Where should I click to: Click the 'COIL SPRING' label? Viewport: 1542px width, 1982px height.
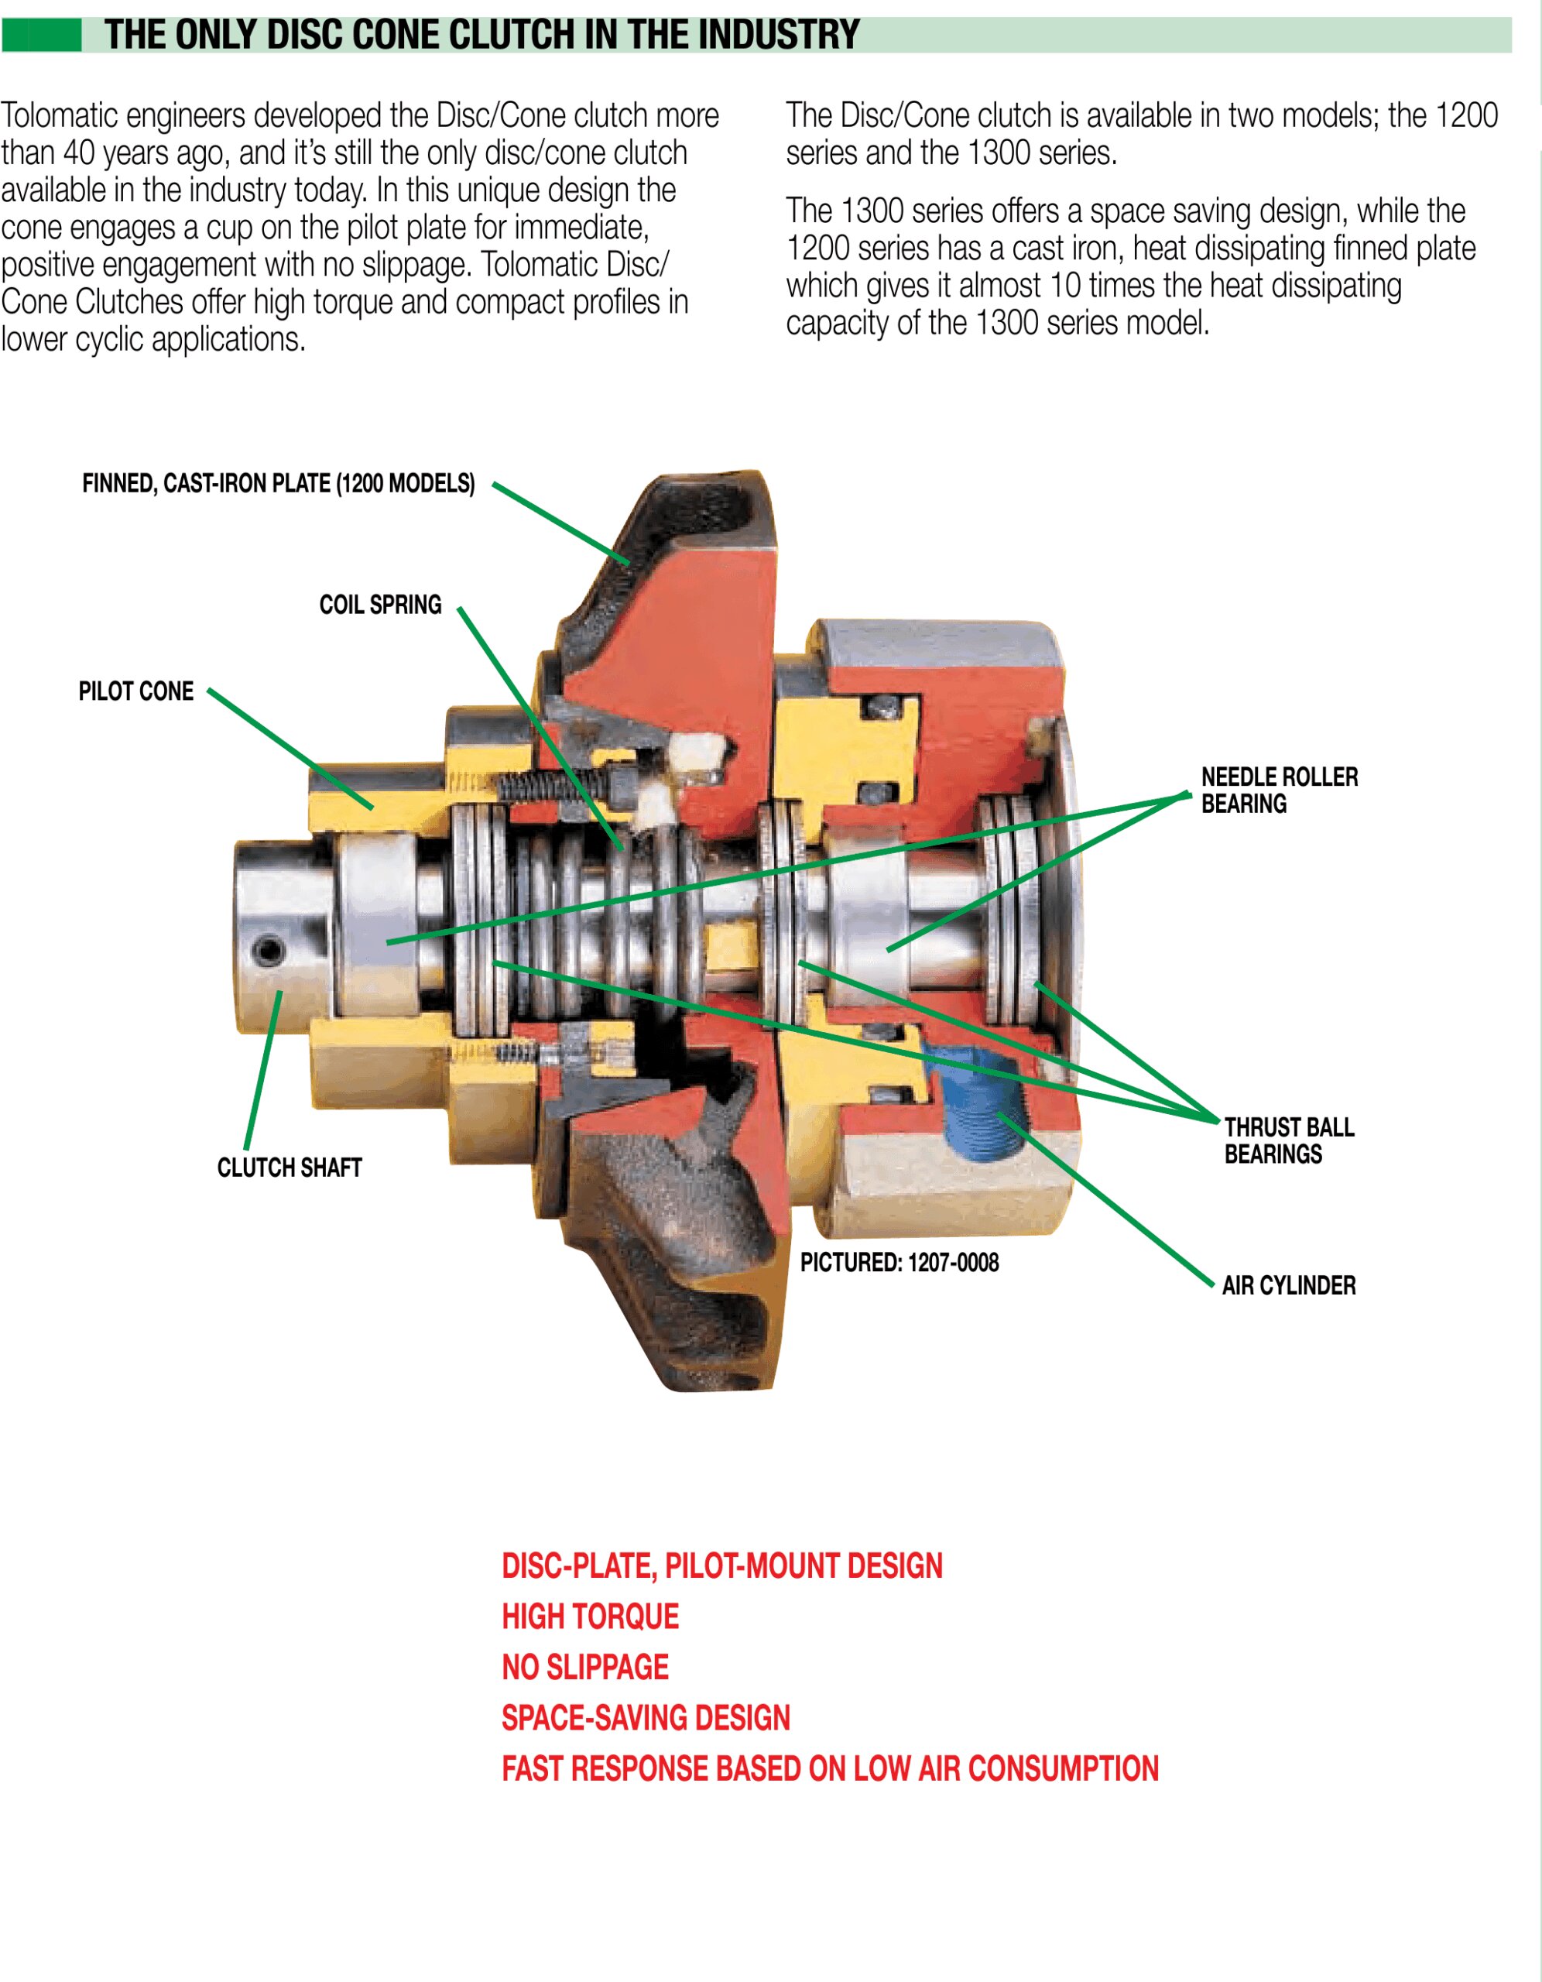(379, 605)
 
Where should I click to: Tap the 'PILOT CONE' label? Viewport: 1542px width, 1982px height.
(136, 691)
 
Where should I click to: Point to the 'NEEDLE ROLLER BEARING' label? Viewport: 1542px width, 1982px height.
(1279, 790)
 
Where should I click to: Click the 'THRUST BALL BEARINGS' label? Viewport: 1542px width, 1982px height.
(1288, 1140)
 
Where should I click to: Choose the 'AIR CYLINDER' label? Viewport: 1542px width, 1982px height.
(1288, 1285)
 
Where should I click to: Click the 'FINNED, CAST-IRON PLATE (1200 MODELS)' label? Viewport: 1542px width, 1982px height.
(279, 484)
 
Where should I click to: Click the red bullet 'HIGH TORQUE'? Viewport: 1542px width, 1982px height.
(590, 1617)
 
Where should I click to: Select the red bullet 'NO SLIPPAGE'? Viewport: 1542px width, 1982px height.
(584, 1667)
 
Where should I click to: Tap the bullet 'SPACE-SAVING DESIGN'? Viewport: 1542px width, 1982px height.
(646, 1718)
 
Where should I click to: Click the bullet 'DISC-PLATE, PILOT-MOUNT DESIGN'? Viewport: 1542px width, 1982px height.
(721, 1565)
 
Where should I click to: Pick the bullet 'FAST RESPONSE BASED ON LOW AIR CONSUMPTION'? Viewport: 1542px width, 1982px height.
(830, 1769)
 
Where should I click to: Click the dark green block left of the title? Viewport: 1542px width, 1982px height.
(41, 36)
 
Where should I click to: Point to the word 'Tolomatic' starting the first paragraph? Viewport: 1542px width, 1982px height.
(59, 116)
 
